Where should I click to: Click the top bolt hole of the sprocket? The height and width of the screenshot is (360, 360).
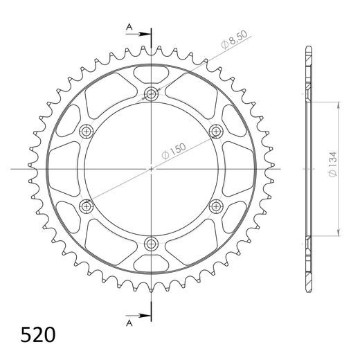tap(151, 94)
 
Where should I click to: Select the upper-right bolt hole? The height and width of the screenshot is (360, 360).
tap(215, 131)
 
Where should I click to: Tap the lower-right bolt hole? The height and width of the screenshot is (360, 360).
tap(215, 205)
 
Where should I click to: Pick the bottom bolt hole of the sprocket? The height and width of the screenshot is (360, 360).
tap(151, 242)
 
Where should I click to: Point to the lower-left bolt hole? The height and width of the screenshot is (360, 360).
tap(87, 205)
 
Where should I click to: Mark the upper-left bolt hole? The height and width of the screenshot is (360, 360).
tap(87, 131)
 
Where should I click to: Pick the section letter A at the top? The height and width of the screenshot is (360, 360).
tap(128, 27)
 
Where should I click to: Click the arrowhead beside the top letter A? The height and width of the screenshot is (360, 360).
tap(146, 32)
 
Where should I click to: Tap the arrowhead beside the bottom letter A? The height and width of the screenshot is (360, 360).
tap(146, 316)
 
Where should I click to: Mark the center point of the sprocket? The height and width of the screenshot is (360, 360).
tap(151, 168)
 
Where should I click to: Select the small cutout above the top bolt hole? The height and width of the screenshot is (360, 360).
tap(151, 73)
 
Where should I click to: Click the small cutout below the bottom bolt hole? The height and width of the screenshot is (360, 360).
tap(151, 264)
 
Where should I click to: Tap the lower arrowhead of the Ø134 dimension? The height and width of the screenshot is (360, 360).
tap(339, 233)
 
